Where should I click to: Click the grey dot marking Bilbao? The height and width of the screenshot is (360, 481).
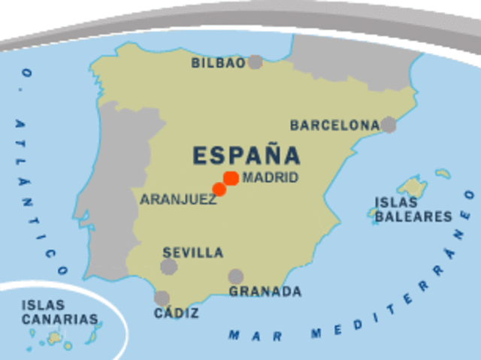pos(256,62)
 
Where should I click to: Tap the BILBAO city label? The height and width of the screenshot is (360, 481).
pos(218,63)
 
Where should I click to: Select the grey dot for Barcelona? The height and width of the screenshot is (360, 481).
pos(388,125)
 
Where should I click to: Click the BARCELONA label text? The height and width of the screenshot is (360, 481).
pos(334,126)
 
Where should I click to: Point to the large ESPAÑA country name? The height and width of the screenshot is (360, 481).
pos(247,156)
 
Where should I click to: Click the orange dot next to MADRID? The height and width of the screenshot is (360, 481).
pos(231,178)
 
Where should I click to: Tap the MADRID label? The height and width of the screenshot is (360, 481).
pos(271,178)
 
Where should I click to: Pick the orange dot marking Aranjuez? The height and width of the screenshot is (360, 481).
pos(219,189)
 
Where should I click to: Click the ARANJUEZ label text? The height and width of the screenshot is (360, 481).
pos(178,200)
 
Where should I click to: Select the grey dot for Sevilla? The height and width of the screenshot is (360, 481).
pos(168,267)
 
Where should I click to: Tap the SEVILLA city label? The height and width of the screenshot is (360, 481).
pos(193,253)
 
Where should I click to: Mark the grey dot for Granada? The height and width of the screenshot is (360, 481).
pos(236,277)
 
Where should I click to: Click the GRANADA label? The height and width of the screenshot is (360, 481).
pos(265,292)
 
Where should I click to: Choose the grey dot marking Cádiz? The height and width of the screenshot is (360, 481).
pos(162,298)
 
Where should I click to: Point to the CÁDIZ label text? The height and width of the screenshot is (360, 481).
pos(176,313)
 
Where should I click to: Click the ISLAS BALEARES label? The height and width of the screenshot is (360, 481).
pos(413,210)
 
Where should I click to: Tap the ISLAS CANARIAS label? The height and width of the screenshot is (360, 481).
pos(59,312)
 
